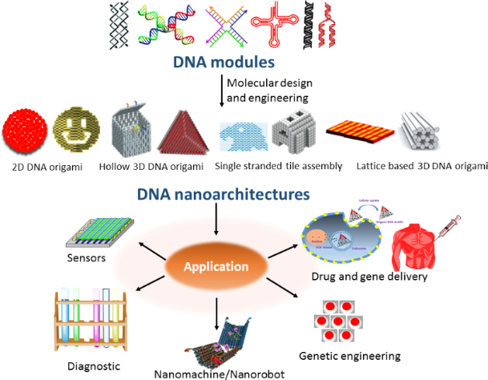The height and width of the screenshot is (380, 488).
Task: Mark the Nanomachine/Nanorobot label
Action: (218, 372)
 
